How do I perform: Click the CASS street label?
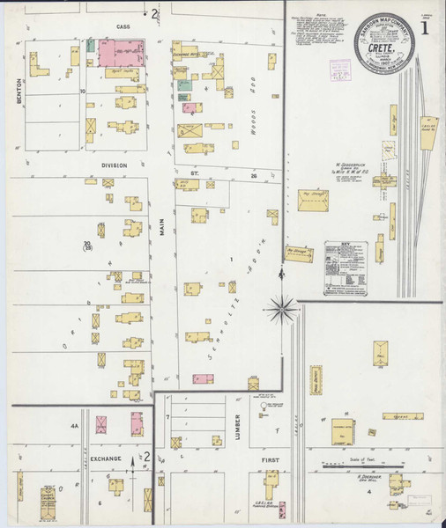(123, 27)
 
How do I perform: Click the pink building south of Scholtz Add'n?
(203, 379)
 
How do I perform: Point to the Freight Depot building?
(316, 379)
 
